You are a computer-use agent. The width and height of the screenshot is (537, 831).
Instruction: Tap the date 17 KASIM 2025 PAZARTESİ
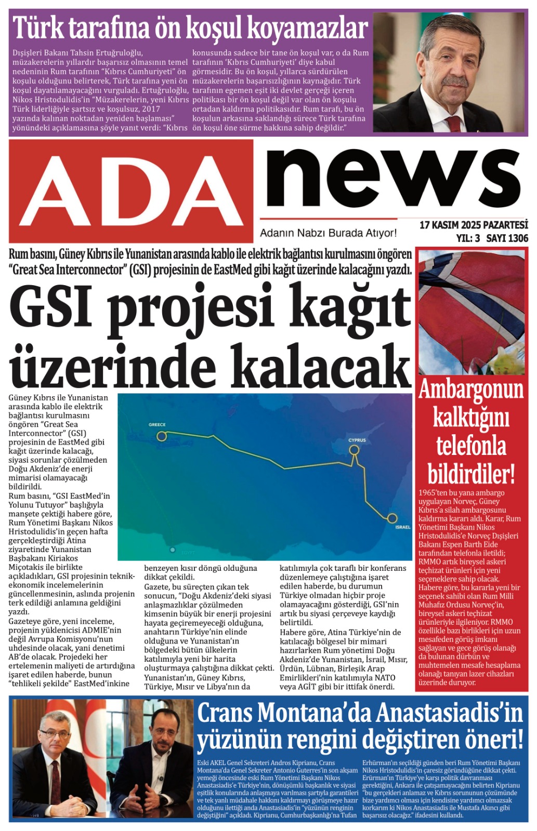click(x=473, y=225)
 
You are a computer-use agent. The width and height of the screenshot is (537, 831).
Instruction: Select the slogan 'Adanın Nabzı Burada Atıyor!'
click(x=328, y=233)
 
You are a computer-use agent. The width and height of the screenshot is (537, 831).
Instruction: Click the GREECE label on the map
click(x=157, y=424)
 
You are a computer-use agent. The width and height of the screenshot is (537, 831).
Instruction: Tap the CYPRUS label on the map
click(x=357, y=440)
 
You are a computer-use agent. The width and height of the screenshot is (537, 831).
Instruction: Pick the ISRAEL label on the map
click(x=402, y=527)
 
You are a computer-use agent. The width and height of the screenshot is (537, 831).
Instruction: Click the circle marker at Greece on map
click(x=162, y=436)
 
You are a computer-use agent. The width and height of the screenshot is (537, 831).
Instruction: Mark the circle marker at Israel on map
click(x=392, y=518)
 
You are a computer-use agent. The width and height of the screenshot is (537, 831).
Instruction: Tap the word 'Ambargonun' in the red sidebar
click(x=471, y=390)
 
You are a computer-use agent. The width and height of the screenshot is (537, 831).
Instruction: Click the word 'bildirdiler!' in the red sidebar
click(x=471, y=474)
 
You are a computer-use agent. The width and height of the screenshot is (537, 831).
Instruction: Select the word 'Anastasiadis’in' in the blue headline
click(x=449, y=712)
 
